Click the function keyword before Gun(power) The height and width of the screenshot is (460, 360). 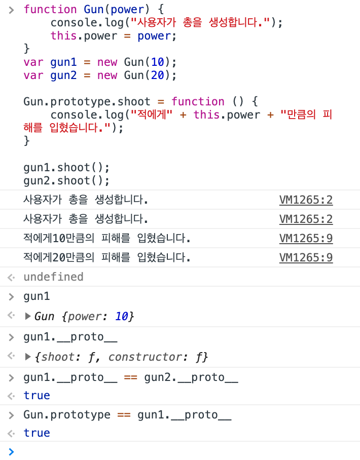coord(50,9)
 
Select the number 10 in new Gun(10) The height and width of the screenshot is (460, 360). coord(158,62)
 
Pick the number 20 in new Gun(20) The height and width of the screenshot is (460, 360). coord(158,75)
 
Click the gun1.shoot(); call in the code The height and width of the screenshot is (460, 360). coord(66,168)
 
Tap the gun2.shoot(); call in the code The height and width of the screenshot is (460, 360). coord(66,181)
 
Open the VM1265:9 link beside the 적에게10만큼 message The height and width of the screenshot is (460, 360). coord(306,239)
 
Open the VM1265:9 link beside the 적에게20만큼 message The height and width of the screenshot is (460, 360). coord(306,258)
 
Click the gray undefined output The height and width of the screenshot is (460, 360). coord(53,277)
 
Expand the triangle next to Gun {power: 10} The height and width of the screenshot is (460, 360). coord(28,317)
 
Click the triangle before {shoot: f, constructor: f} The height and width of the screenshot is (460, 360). coord(28,357)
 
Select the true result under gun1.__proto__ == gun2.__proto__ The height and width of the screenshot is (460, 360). coord(37,396)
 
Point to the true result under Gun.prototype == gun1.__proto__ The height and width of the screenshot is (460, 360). coord(37,433)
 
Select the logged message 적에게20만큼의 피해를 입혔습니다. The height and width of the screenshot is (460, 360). coord(107,258)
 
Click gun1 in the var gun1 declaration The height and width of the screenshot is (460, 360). coord(63,62)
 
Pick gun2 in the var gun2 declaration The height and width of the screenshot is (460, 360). coord(63,75)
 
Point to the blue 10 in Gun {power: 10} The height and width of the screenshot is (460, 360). coord(122,317)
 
